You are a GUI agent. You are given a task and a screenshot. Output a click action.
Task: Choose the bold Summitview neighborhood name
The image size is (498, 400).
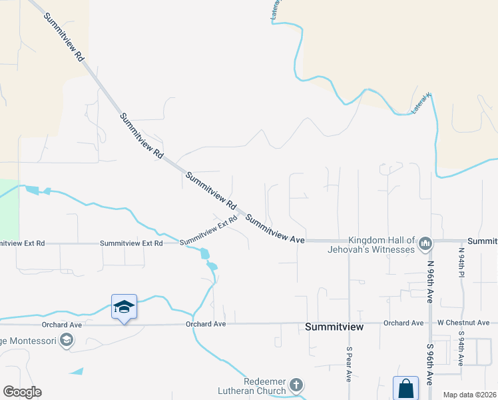(x=334, y=327)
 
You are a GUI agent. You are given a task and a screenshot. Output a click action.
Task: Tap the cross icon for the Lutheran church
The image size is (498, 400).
(x=296, y=385)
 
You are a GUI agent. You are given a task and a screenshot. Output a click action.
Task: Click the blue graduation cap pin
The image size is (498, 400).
(x=124, y=307)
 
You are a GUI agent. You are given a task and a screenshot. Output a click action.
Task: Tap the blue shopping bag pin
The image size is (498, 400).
(x=405, y=388)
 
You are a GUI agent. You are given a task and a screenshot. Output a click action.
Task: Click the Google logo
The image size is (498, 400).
(x=22, y=392)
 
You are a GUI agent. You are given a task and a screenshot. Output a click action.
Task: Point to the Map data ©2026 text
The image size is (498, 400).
(x=469, y=395)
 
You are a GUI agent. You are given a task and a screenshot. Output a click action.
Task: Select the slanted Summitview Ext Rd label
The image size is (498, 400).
(x=208, y=230)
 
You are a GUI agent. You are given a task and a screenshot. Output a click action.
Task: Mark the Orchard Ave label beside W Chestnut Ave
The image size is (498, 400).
(x=403, y=323)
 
